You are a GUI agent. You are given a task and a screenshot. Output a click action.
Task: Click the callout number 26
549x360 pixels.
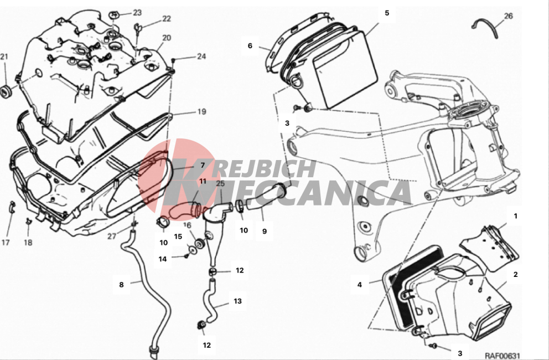point(508,16)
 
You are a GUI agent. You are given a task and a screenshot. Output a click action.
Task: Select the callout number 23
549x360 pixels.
point(137,13)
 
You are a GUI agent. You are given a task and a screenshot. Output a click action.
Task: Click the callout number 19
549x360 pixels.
point(201,112)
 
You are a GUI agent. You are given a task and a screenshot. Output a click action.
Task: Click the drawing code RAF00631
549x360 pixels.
point(503,355)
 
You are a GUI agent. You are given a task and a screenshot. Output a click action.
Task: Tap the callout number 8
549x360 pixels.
point(122,285)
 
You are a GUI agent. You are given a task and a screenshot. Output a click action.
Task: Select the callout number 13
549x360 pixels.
point(238,301)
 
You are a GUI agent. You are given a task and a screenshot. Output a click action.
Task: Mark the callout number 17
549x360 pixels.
point(6,242)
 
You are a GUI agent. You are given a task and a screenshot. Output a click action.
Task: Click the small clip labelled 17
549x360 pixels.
point(12,207)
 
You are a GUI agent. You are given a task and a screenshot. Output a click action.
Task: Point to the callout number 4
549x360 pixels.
point(360,285)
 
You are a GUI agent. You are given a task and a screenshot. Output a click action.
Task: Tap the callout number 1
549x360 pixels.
point(515,217)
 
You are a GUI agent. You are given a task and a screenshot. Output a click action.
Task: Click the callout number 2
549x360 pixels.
point(515,275)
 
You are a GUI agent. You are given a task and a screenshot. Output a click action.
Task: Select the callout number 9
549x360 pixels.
point(265,231)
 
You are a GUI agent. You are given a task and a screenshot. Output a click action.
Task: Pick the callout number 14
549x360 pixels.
point(163,259)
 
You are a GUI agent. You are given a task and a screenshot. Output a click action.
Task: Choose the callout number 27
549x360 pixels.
point(112,236)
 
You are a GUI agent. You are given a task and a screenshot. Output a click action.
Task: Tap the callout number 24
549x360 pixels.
point(201,56)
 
